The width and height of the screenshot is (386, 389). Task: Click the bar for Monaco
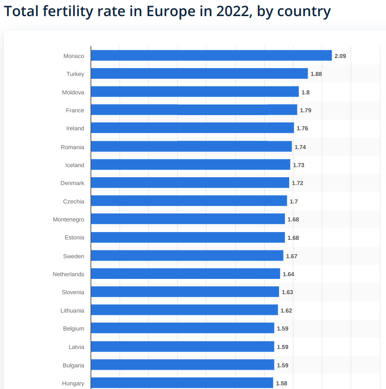click(211, 56)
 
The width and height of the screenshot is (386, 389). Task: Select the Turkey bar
click(199, 74)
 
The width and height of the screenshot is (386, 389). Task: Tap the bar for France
click(194, 110)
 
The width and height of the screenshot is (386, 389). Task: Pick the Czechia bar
click(189, 201)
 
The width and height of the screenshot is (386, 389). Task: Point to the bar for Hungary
click(182, 383)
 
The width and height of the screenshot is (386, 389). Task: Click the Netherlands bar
click(185, 274)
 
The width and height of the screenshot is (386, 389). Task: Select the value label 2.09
click(340, 56)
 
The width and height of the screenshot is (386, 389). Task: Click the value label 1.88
click(316, 74)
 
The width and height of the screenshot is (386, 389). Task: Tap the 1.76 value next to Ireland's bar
click(302, 128)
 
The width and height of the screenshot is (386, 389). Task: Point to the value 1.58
click(281, 383)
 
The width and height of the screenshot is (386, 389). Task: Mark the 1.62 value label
click(286, 311)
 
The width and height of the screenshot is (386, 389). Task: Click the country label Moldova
click(73, 93)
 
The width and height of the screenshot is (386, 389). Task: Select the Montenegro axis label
click(68, 220)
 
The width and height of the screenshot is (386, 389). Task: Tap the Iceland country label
click(75, 165)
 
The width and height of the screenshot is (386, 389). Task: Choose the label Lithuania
click(72, 311)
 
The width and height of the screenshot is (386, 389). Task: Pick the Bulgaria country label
click(73, 366)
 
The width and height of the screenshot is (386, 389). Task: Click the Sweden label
click(73, 256)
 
